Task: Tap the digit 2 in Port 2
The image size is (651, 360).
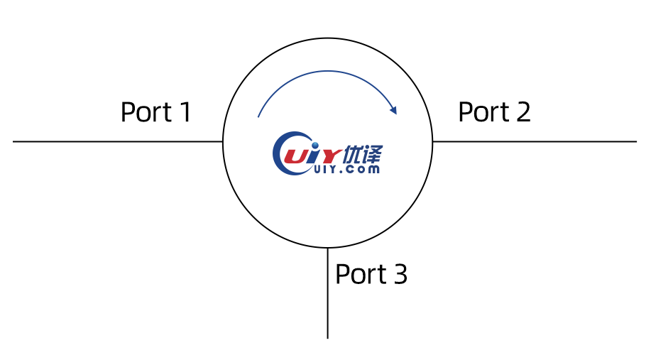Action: [523, 111]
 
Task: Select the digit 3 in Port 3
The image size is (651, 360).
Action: [400, 274]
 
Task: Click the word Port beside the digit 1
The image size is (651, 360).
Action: [146, 112]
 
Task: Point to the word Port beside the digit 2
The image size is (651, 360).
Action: [483, 112]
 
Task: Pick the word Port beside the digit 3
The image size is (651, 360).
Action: [361, 274]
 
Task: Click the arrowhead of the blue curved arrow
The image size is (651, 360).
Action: [393, 109]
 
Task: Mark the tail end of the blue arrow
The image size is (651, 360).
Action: [258, 117]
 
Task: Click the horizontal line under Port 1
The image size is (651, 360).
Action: [118, 141]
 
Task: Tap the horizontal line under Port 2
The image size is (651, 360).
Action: [535, 141]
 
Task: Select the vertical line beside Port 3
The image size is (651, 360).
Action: [327, 293]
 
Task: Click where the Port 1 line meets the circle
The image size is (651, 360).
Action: [223, 141]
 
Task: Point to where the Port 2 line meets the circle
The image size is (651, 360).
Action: [432, 141]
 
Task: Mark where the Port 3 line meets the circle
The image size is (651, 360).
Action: [327, 248]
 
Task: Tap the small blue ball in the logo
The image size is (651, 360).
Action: [315, 145]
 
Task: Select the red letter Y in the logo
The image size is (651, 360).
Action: [329, 156]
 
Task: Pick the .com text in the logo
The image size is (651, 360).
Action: [359, 169]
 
